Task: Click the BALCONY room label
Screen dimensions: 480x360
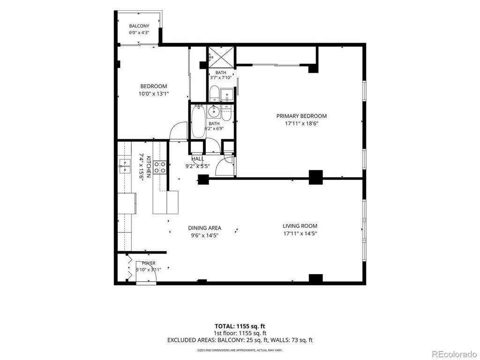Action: click(x=139, y=26)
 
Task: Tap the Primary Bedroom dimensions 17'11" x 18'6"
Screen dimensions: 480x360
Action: click(x=301, y=123)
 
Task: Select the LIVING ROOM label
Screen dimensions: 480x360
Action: click(x=300, y=226)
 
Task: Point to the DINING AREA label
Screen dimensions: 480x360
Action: click(x=204, y=228)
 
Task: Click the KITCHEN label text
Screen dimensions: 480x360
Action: click(x=149, y=167)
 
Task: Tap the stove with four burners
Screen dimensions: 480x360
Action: click(x=160, y=167)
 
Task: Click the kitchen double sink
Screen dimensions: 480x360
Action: click(x=125, y=166)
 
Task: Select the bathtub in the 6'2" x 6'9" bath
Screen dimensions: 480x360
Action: click(x=198, y=121)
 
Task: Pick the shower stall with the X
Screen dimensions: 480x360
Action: click(x=221, y=57)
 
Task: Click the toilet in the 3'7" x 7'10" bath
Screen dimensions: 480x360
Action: click(x=214, y=93)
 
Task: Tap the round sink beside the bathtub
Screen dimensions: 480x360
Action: click(x=214, y=112)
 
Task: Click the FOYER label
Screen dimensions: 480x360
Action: click(x=149, y=263)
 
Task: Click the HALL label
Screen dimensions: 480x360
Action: click(x=198, y=159)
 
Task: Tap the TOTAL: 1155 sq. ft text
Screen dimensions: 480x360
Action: click(x=240, y=326)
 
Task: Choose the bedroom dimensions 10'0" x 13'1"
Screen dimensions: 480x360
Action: click(x=154, y=94)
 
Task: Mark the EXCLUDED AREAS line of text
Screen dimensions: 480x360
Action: click(x=240, y=340)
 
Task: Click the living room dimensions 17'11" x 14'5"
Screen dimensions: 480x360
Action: click(x=300, y=233)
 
